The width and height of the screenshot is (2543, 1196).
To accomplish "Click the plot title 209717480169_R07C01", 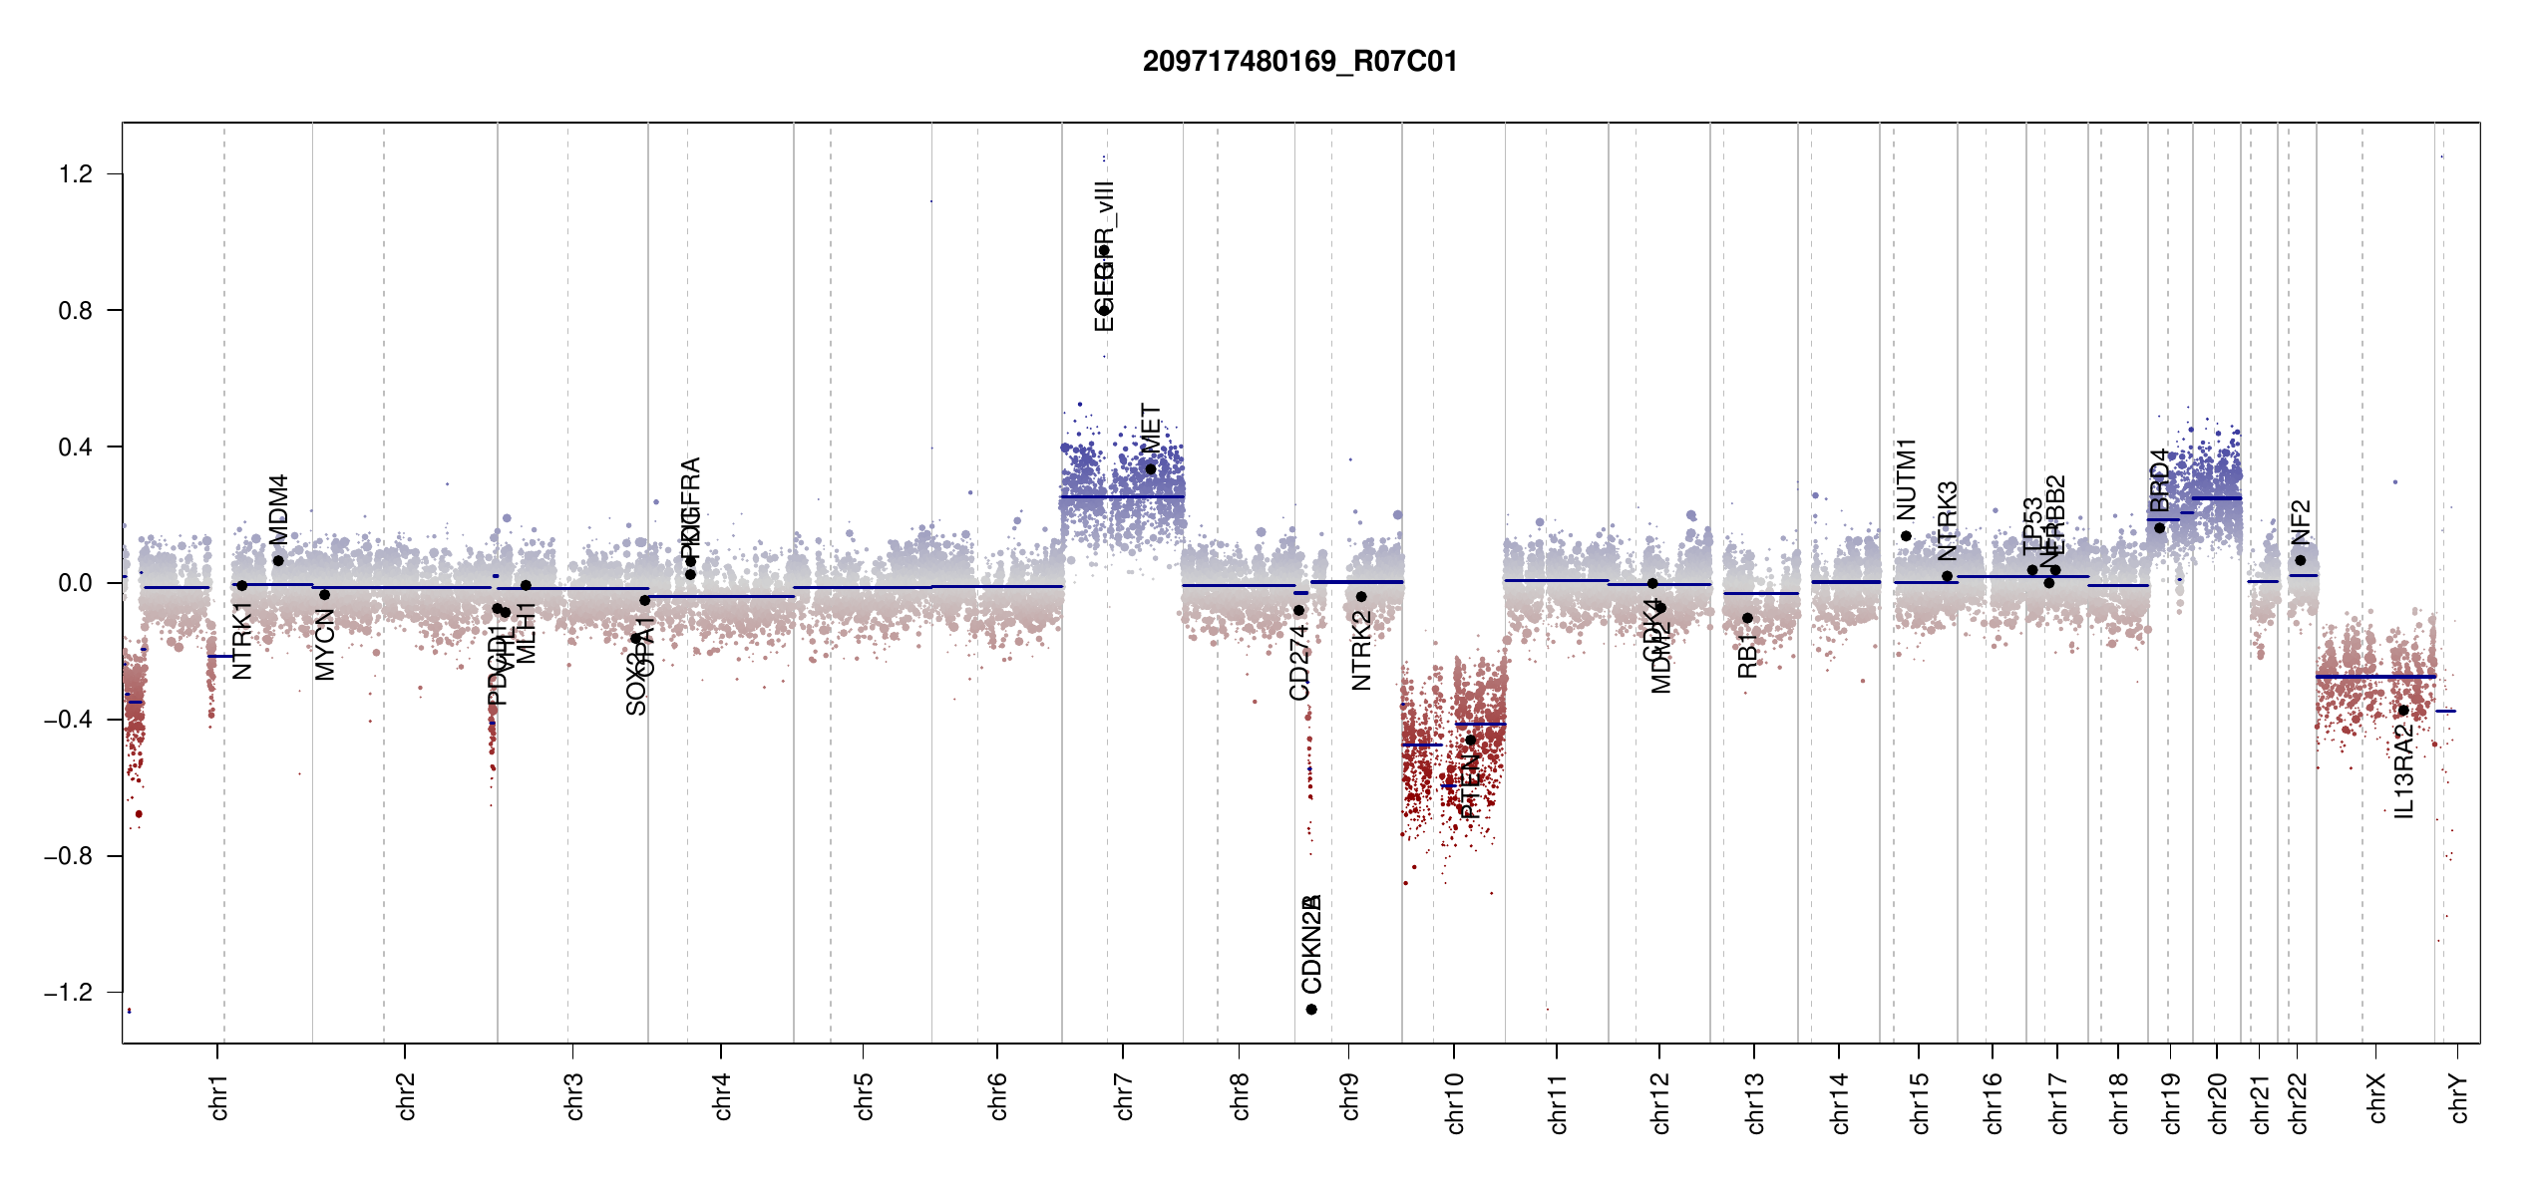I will click(x=1299, y=62).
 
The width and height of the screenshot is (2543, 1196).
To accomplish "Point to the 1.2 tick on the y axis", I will click(x=76, y=174).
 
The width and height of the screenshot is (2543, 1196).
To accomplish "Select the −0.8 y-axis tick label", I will click(x=68, y=856).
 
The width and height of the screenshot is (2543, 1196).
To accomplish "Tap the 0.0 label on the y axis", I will click(x=76, y=583).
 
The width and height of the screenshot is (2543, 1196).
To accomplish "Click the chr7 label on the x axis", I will click(x=1124, y=1096).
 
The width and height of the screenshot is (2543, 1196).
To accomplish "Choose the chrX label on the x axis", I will click(x=2376, y=1098).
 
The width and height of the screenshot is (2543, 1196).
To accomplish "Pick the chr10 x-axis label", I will click(x=1454, y=1102).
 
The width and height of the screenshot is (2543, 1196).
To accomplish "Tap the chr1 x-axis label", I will click(x=218, y=1096).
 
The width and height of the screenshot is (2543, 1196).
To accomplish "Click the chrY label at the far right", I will click(x=2459, y=1098).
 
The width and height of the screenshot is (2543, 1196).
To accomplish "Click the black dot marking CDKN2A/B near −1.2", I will click(x=1311, y=1010).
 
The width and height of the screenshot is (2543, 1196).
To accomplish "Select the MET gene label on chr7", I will click(x=1151, y=429).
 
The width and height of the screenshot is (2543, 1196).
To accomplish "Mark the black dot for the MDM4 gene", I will click(x=278, y=560).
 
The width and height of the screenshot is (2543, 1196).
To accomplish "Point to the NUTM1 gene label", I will click(x=1907, y=479).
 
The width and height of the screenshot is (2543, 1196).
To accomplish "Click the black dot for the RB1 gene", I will click(x=1747, y=618).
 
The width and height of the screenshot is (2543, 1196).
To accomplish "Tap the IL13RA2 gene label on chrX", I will click(x=2404, y=771).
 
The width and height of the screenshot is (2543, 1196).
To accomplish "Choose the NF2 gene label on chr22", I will click(x=2301, y=522).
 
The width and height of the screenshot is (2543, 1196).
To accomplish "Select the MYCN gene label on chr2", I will click(x=325, y=646).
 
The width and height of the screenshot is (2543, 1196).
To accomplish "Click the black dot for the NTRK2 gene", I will click(x=1361, y=597).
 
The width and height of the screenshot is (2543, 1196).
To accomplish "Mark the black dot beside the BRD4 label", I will click(x=2160, y=527).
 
